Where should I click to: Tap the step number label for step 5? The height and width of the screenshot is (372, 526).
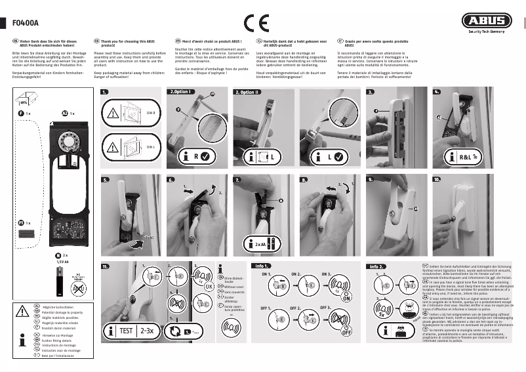[x=106, y=179]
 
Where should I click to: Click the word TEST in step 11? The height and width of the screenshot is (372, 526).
[x=129, y=330]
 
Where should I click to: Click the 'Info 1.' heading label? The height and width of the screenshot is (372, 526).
[x=262, y=266]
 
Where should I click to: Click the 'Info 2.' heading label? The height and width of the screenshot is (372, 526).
[x=376, y=267]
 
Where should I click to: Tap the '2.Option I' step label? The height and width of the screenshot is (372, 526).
[x=181, y=92]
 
